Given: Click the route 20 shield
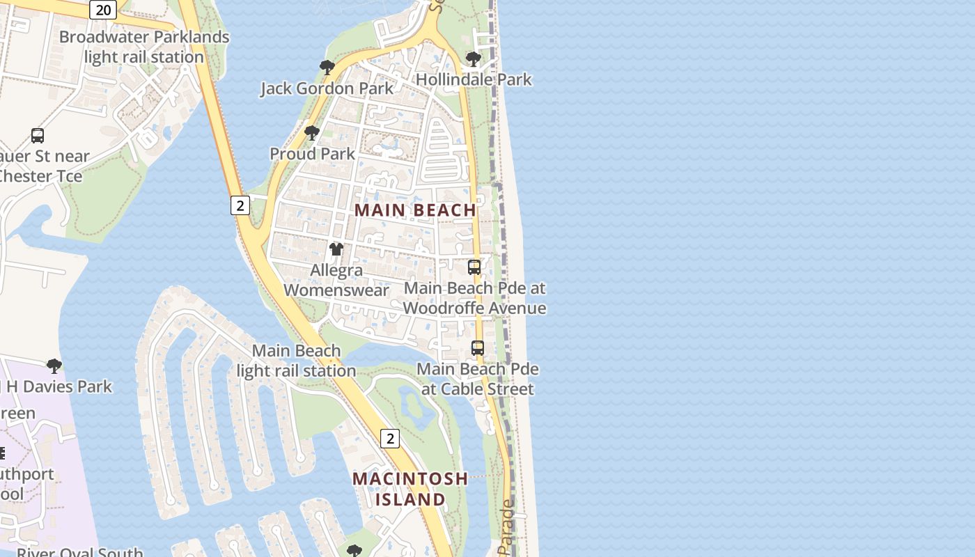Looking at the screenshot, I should click(x=103, y=9).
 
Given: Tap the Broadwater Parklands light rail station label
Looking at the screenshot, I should click(x=144, y=47).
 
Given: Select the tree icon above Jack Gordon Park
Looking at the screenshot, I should click(x=327, y=68).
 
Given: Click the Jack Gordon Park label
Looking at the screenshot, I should click(x=327, y=88).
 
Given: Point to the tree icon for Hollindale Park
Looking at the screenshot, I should click(x=474, y=59).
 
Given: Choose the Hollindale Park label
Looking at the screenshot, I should click(x=474, y=79).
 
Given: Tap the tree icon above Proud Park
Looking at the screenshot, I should click(x=312, y=132).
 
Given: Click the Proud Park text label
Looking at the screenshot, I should click(x=312, y=154).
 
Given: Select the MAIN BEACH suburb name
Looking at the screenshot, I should click(x=416, y=210).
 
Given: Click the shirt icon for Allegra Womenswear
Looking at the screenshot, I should click(x=336, y=249).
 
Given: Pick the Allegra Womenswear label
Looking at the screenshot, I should click(x=336, y=280).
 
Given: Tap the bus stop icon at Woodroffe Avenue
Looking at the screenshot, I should click(x=474, y=267).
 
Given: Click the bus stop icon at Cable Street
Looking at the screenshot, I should click(x=478, y=348).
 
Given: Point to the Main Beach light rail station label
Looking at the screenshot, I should click(x=297, y=361).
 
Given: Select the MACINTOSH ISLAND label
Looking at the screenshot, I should click(x=410, y=489).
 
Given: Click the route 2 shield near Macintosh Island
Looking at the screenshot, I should click(x=390, y=438).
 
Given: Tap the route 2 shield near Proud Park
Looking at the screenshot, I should click(x=240, y=205).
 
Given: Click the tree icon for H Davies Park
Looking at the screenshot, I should click(x=54, y=366).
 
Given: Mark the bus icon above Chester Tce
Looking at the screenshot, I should click(x=38, y=136).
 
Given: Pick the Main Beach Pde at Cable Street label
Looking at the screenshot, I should click(x=478, y=379).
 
